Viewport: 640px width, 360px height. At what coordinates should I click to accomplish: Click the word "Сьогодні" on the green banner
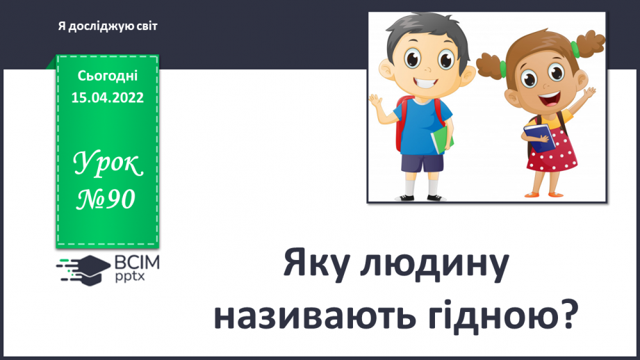coord(108,76)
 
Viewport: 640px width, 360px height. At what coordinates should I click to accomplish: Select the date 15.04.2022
coord(108,97)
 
